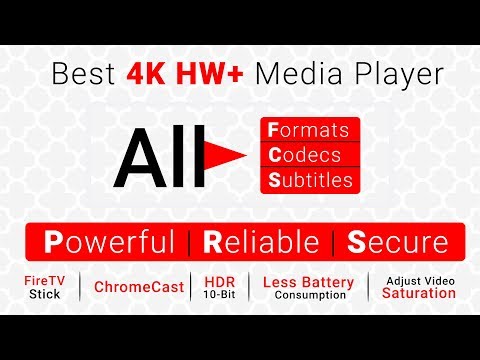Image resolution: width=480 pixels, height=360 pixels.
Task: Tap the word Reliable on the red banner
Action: pyautogui.click(x=261, y=242)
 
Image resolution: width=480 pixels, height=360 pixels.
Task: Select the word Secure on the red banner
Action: pyautogui.click(x=398, y=242)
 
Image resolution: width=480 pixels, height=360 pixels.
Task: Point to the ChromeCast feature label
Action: pyautogui.click(x=139, y=287)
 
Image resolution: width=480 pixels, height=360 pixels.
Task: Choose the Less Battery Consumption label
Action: pyautogui.click(x=310, y=287)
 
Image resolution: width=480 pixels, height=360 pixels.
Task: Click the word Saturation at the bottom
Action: pyautogui.click(x=419, y=294)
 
